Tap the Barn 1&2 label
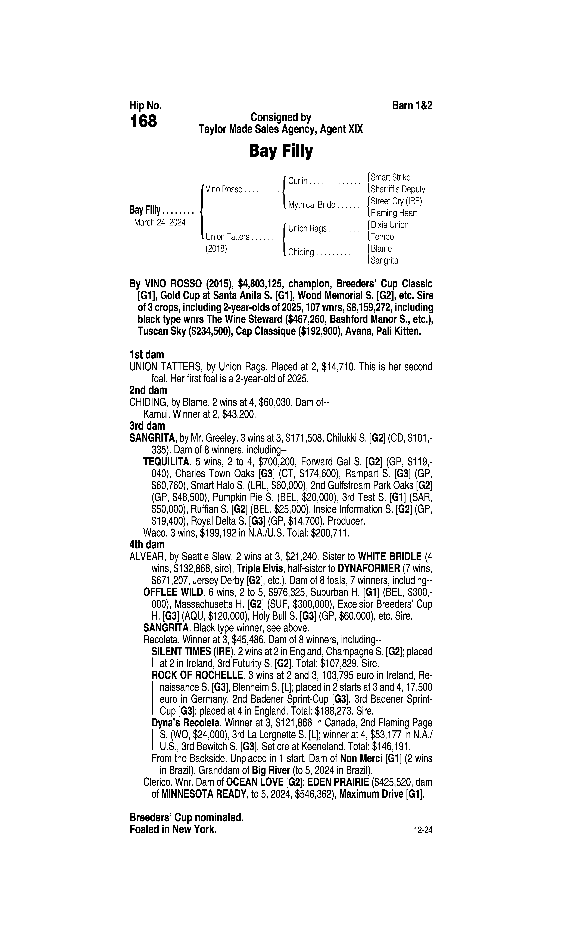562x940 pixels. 412,106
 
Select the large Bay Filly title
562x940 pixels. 281,151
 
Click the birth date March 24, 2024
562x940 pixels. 159,222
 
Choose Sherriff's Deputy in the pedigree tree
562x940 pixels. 398,189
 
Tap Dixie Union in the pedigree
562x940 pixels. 389,225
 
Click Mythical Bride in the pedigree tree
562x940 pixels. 311,205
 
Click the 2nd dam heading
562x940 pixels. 148,390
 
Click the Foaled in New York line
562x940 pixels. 173,829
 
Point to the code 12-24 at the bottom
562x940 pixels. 423,831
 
